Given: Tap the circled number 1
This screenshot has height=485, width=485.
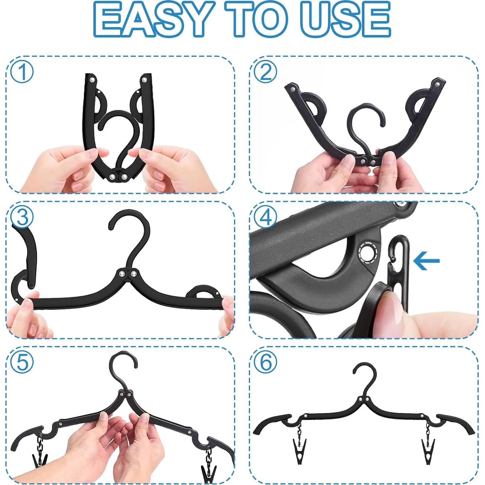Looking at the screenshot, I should (22, 72).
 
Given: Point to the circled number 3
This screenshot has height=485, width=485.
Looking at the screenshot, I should (22, 218).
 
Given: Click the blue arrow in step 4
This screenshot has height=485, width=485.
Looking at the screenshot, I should (427, 260).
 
